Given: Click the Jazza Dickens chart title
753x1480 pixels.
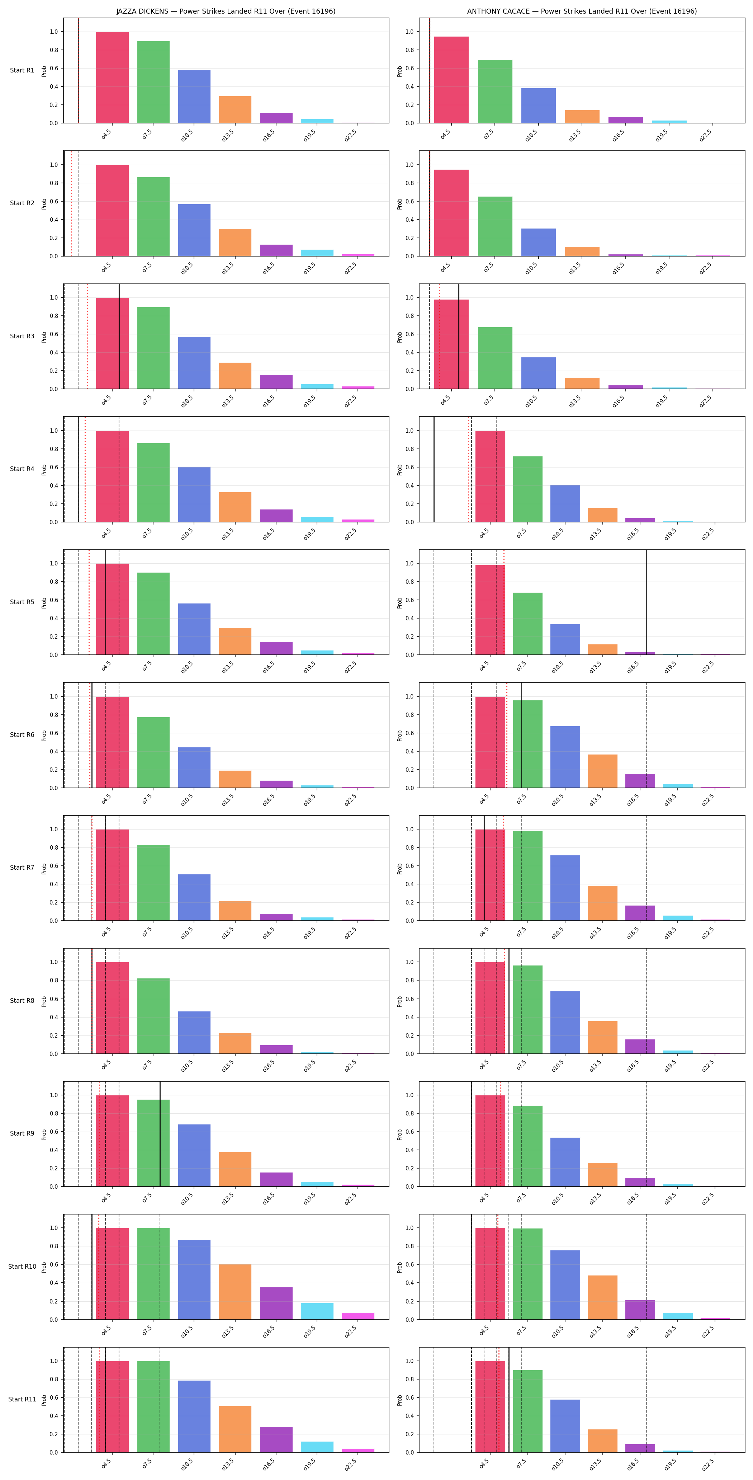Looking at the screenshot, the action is coord(226,11).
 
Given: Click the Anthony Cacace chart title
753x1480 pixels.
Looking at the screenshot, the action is coord(582,11).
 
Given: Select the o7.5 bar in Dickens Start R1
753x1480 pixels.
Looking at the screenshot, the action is coord(153,82).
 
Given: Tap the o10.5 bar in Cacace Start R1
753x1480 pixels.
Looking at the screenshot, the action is coord(538,106).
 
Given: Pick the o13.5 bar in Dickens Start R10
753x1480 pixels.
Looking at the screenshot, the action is coord(235,1292).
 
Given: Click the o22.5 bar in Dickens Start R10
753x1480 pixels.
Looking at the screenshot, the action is coord(358,1316).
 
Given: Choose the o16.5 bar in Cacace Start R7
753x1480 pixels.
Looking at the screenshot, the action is coord(640,913).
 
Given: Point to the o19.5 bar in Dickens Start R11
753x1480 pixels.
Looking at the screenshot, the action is coord(317,1447).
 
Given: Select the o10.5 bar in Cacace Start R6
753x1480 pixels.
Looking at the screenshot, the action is coord(565,757).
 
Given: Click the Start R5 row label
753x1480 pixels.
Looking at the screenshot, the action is coord(22,602).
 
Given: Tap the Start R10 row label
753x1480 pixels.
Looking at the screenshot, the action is coord(22,1266).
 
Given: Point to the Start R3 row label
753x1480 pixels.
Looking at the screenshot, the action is coord(22,336).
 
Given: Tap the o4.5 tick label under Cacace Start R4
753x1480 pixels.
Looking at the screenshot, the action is coord(484,533).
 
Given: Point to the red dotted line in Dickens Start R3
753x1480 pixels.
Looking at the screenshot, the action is coord(87,336).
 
